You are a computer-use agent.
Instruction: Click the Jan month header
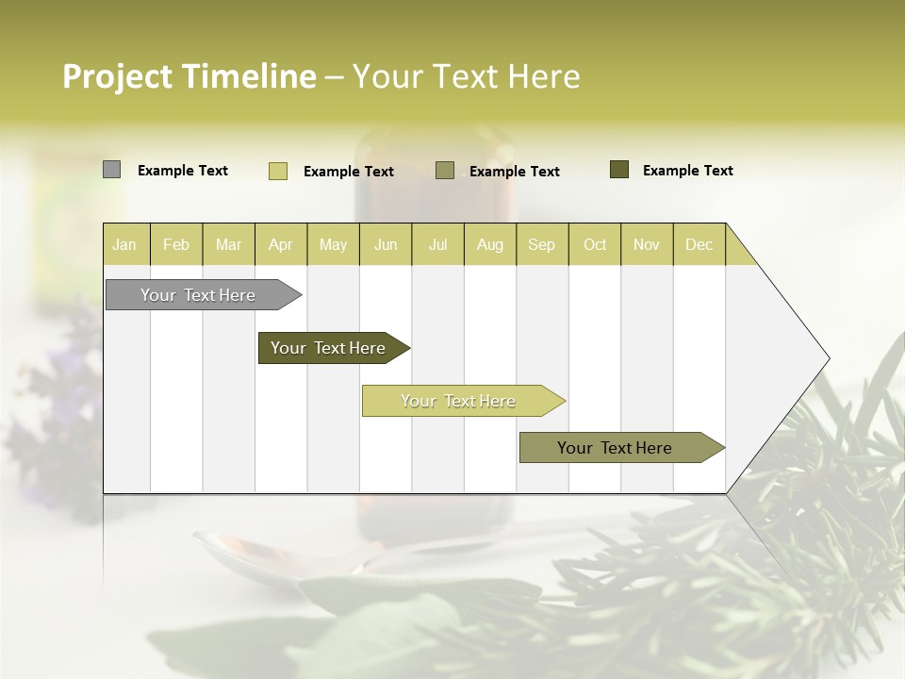124,244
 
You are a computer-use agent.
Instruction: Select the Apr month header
280,244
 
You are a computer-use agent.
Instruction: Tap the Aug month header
489,244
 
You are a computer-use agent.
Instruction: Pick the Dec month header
699,244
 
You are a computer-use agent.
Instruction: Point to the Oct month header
595,244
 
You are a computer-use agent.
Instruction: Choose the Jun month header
386,244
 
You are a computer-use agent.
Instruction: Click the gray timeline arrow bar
198,295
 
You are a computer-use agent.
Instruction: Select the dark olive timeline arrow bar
328,348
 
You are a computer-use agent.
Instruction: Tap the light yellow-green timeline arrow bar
458,401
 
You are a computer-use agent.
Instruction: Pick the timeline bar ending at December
615,448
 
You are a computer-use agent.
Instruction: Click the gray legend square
111,170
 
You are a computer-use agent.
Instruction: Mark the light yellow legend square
277,171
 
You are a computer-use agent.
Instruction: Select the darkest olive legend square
619,170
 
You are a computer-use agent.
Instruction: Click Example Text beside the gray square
183,171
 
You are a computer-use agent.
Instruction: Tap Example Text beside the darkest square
688,171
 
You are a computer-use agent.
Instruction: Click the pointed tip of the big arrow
827,358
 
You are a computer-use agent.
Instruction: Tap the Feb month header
176,244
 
